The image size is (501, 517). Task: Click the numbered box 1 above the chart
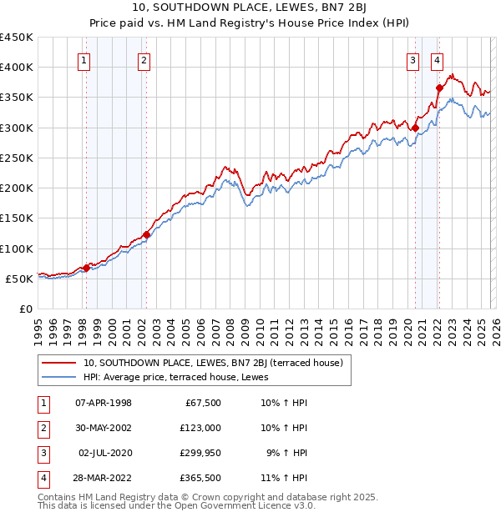point(85,59)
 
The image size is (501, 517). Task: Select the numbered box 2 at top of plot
point(144,59)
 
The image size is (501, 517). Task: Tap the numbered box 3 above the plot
point(412,59)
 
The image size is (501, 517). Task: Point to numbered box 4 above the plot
point(438,59)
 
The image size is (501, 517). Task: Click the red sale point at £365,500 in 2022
point(439,88)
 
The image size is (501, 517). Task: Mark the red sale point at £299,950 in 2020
point(414,128)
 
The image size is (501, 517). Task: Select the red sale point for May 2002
point(146,234)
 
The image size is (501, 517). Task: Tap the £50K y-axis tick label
point(20,279)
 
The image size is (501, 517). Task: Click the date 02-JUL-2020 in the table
point(104,453)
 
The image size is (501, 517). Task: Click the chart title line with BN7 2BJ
point(250,9)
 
